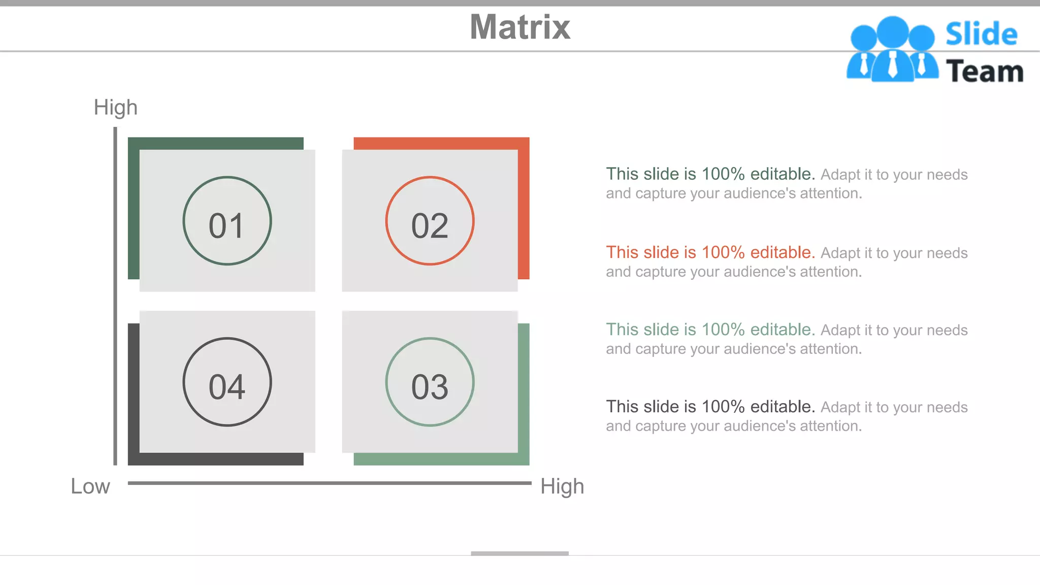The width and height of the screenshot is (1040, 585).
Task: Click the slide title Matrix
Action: point(520,27)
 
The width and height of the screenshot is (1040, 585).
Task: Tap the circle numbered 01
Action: point(227,221)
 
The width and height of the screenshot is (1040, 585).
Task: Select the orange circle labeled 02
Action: point(430,221)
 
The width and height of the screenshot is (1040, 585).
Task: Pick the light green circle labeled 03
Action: point(430,382)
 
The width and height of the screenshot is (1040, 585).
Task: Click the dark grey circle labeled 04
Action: point(227,382)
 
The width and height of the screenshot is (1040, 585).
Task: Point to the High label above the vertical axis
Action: point(115,108)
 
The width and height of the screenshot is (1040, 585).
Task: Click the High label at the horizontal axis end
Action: point(562,486)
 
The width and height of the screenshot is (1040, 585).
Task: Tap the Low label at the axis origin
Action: point(90,486)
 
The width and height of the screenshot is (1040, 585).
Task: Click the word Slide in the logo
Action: point(981,35)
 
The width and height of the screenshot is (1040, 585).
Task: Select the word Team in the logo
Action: point(984,71)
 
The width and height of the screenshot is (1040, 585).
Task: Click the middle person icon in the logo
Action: point(892,48)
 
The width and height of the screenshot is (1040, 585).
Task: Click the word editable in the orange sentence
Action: point(782,252)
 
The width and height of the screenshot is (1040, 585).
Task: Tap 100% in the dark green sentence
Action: point(723,174)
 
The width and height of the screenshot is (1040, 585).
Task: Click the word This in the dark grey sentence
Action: point(622,407)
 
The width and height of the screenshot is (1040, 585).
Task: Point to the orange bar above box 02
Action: point(441,143)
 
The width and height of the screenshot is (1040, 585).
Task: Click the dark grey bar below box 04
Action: point(216,459)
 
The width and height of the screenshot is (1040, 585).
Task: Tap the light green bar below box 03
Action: point(441,459)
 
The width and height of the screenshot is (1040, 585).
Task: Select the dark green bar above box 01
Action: point(216,143)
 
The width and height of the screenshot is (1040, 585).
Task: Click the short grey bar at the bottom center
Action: point(519,554)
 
